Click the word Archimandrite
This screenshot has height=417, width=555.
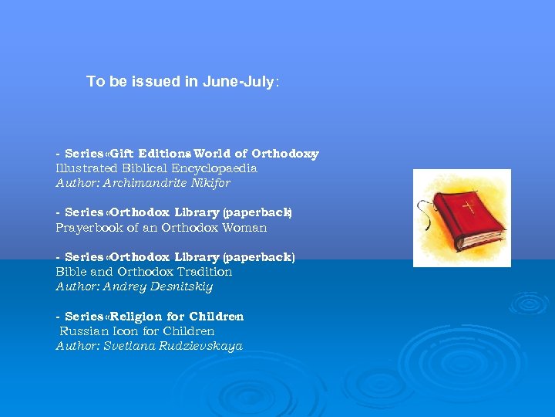click(x=136, y=183)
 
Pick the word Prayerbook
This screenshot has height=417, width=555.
click(x=86, y=228)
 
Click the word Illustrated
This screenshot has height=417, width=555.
click(x=87, y=168)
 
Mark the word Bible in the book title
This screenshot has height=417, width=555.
click(x=70, y=272)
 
